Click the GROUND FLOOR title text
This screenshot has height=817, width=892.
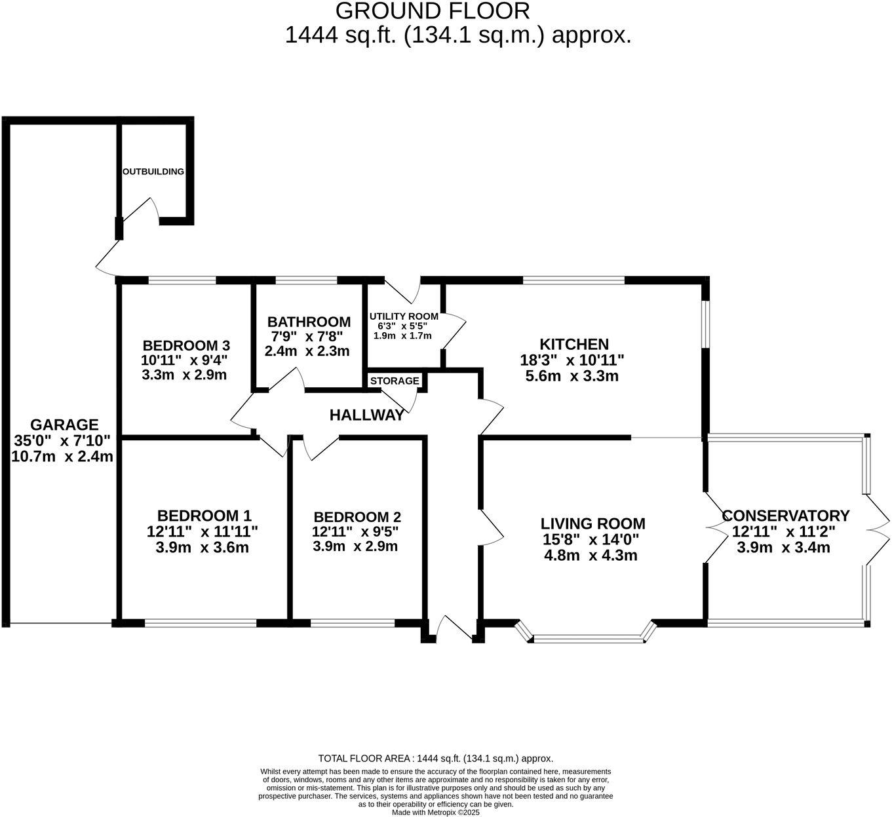432,11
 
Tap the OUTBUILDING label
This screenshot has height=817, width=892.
153,172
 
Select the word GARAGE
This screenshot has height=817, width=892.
64,425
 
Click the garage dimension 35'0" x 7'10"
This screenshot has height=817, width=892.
62,440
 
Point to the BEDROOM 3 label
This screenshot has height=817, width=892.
186,345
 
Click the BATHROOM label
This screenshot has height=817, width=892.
309,322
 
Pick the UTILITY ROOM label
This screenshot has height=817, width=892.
404,316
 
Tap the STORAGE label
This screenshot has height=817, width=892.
395,381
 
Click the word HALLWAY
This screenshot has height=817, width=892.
366,415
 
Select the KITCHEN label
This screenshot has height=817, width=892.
574,344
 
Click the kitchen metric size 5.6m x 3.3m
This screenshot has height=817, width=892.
572,376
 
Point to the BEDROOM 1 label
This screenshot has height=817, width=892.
204,516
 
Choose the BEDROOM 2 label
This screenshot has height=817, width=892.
357,516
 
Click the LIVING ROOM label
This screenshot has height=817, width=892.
592,523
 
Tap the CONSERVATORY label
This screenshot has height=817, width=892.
786,516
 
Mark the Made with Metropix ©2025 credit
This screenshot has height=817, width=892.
436,812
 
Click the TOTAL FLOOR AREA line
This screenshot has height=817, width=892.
436,759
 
